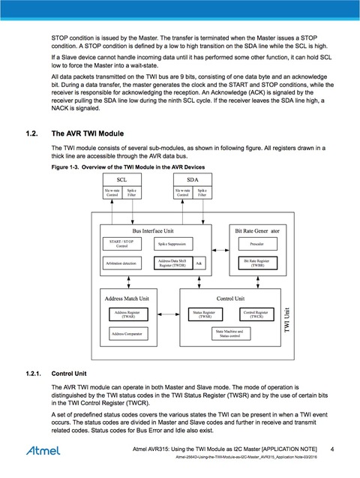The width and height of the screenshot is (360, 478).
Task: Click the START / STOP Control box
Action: pos(122,244)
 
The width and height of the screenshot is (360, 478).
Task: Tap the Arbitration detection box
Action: pos(122,263)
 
